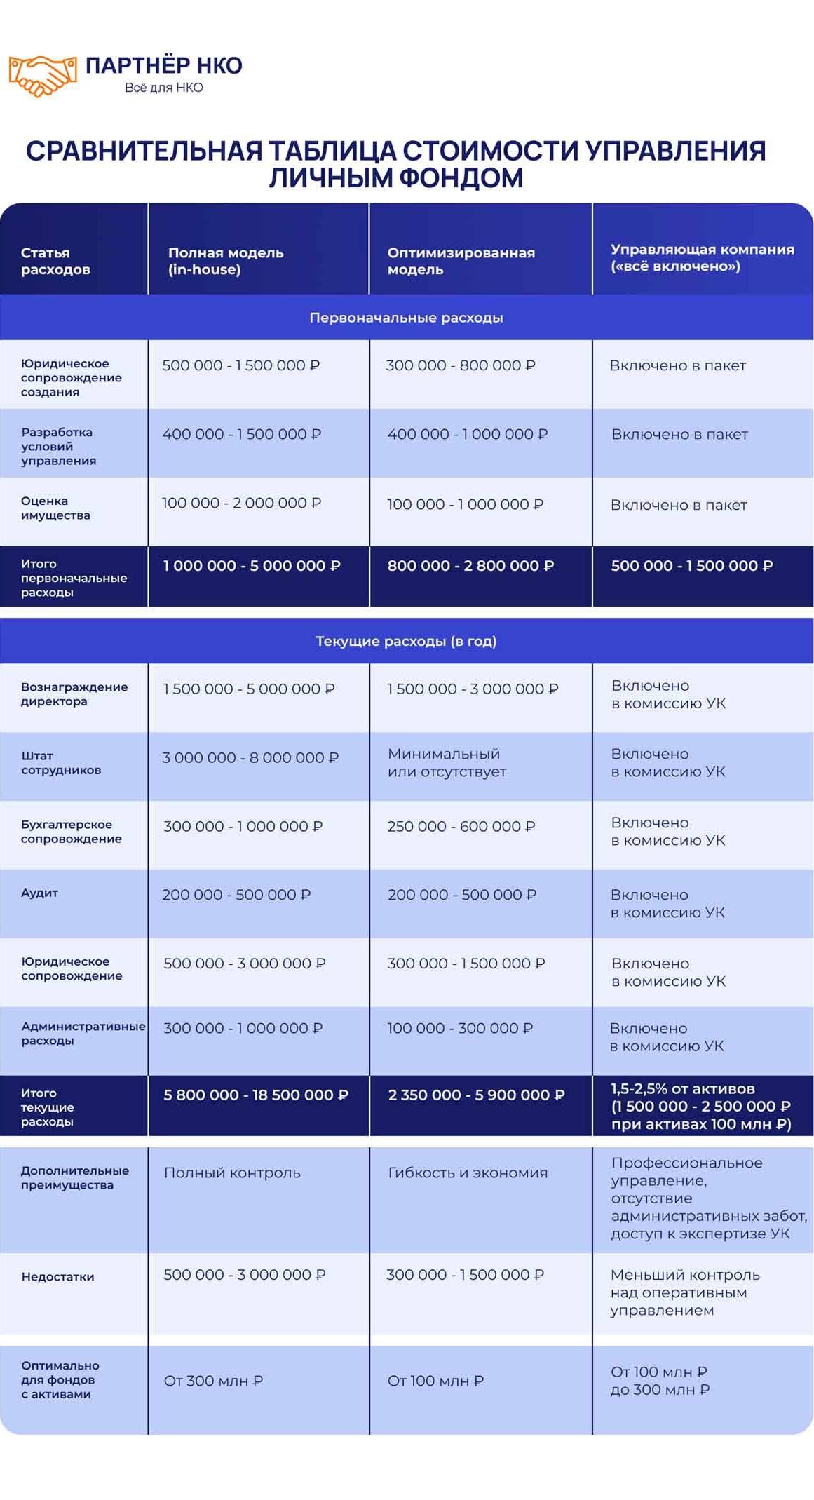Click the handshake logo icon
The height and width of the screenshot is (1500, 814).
42,74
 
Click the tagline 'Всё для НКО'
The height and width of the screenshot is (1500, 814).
163,88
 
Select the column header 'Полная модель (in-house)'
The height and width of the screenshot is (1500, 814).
226,261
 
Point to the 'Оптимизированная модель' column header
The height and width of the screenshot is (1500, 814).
461,261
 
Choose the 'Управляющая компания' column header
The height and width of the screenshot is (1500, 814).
702,257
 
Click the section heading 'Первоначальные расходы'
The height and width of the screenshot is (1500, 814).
406,318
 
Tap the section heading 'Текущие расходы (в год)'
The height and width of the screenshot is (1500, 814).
406,641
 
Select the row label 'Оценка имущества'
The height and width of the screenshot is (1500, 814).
55,508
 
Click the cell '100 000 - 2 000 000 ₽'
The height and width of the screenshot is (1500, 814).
241,503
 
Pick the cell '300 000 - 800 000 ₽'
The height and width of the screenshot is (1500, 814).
460,365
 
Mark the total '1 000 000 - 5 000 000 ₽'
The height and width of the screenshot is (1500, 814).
252,565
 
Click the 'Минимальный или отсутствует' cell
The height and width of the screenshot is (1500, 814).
447,763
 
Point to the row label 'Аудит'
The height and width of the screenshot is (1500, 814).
39,893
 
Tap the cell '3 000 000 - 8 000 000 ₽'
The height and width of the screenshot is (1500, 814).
250,757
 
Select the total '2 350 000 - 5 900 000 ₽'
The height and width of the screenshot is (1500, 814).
476,1095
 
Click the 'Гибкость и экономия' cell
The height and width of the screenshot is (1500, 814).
468,1173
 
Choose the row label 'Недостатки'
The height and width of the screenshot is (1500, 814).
57,1276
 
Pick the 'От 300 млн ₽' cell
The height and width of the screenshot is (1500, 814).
213,1381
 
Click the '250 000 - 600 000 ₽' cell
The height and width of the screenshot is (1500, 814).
461,826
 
